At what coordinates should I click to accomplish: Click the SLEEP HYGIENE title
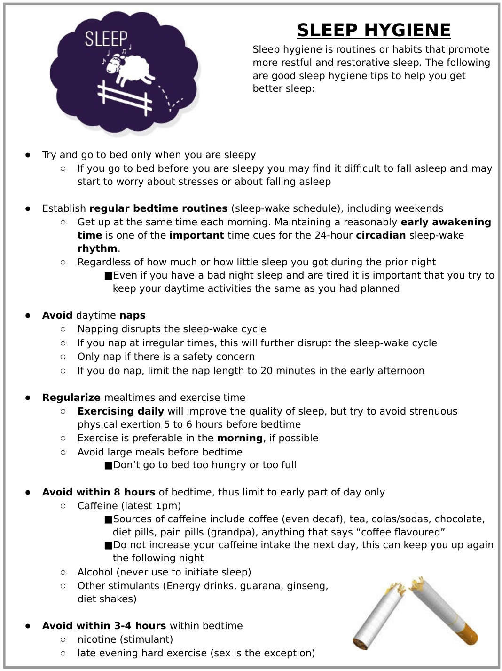(374, 30)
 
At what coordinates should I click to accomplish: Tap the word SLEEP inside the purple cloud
(106, 39)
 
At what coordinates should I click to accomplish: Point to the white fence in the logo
(125, 96)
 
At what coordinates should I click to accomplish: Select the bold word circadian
(381, 235)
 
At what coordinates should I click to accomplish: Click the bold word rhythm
(97, 248)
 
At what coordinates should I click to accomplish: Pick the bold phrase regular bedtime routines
(158, 208)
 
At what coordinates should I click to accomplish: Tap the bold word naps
(133, 315)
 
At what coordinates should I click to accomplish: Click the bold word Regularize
(71, 398)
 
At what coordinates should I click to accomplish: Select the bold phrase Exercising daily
(121, 411)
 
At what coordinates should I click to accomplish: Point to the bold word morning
(240, 438)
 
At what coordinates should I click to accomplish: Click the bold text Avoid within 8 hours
(99, 492)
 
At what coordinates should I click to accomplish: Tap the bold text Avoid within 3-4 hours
(104, 626)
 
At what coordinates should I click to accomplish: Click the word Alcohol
(95, 572)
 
